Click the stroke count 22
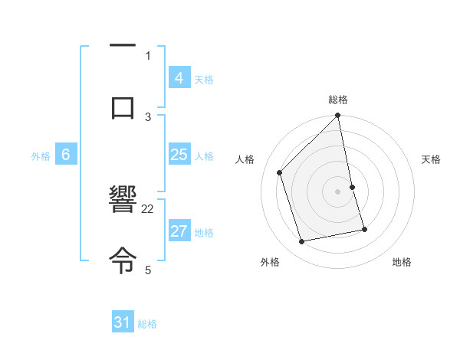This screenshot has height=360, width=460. pyautogui.click(x=148, y=208)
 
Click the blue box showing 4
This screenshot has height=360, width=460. pyautogui.click(x=179, y=77)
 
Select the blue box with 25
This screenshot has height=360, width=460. pyautogui.click(x=179, y=155)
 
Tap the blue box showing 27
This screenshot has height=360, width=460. pyautogui.click(x=179, y=231)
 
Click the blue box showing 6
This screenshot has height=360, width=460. pyautogui.click(x=66, y=155)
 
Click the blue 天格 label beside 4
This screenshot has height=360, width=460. pyautogui.click(x=204, y=79)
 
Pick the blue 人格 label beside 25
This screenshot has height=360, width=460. pyautogui.click(x=204, y=156)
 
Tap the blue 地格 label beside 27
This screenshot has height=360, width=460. pyautogui.click(x=204, y=233)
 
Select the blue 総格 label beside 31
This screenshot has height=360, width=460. pyautogui.click(x=147, y=324)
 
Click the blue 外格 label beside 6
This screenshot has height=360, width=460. pyautogui.click(x=41, y=156)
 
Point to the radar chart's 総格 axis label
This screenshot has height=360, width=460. pyautogui.click(x=338, y=100)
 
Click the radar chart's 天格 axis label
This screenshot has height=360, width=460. pyautogui.click(x=432, y=159)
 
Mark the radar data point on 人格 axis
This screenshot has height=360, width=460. pyautogui.click(x=280, y=172)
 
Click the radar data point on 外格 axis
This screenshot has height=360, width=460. pyautogui.click(x=302, y=242)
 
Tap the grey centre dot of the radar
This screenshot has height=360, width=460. pyautogui.click(x=338, y=191)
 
